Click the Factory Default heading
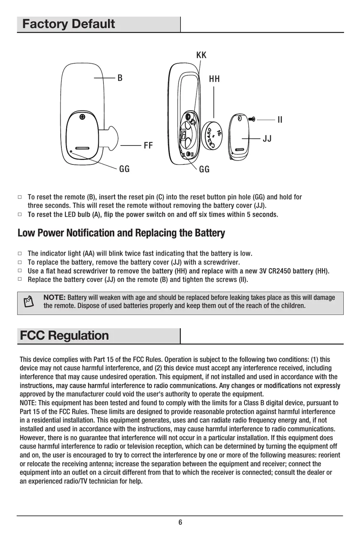[x=69, y=24]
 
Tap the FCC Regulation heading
[x=64, y=335]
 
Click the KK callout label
[x=201, y=55]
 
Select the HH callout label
[x=214, y=79]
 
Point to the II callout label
[x=280, y=119]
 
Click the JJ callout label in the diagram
[x=267, y=138]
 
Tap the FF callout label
[x=148, y=145]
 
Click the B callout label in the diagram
[x=120, y=78]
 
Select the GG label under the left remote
[x=124, y=169]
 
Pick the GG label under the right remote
[x=204, y=169]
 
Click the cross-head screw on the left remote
[x=82, y=117]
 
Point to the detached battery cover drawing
[x=239, y=137]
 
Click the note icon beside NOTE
[x=29, y=302]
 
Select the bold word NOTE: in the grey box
[x=54, y=297]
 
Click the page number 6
[x=180, y=522]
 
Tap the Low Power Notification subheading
[x=121, y=233]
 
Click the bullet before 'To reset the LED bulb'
[x=19, y=214]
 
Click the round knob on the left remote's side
[x=111, y=137]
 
